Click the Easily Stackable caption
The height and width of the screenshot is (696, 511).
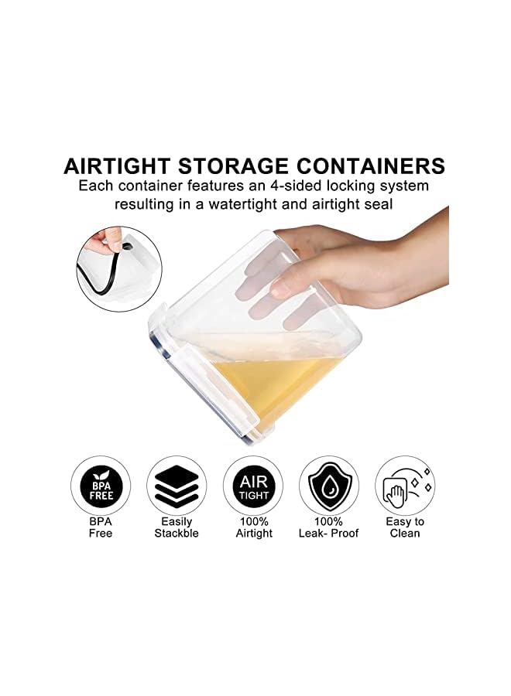point(177,527)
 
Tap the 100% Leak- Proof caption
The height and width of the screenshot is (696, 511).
point(329,527)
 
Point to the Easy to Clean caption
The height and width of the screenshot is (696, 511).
point(405,527)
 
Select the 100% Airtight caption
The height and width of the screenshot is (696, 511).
point(254,527)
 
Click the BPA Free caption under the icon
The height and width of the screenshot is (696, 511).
point(101,527)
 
